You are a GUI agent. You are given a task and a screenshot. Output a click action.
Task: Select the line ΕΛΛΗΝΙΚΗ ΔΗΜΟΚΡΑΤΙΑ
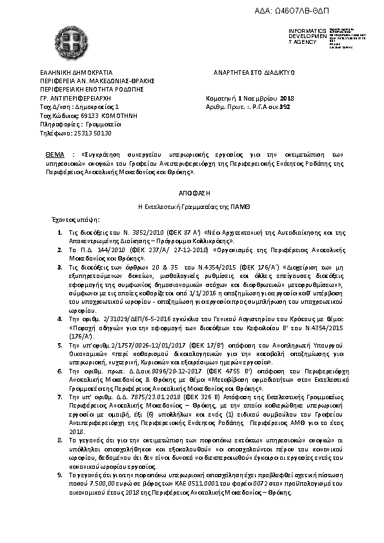tap(76, 73)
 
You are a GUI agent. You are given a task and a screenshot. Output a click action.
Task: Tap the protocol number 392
tap(276, 107)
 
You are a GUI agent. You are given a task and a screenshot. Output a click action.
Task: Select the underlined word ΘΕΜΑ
tap(56, 155)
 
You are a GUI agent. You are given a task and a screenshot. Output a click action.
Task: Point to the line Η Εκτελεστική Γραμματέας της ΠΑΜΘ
tap(192, 207)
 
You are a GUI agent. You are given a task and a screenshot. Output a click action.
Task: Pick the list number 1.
tap(59, 231)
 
